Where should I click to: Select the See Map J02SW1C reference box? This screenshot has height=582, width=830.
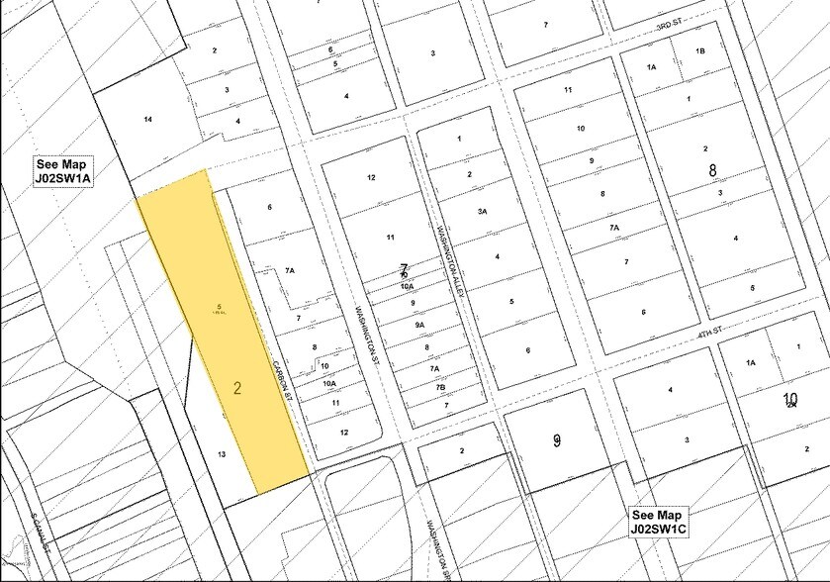[670, 522]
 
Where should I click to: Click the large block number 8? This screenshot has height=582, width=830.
[711, 170]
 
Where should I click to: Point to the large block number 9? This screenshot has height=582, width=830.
[557, 439]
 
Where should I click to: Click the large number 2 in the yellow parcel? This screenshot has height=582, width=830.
[237, 388]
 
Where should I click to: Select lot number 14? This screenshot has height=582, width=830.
[147, 120]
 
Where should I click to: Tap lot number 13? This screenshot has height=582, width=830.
[223, 453]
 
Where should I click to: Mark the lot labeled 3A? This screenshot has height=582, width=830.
[481, 212]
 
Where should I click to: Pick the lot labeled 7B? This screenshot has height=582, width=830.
[439, 387]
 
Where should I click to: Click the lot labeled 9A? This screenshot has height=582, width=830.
[420, 325]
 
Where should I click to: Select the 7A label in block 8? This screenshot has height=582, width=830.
[614, 228]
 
